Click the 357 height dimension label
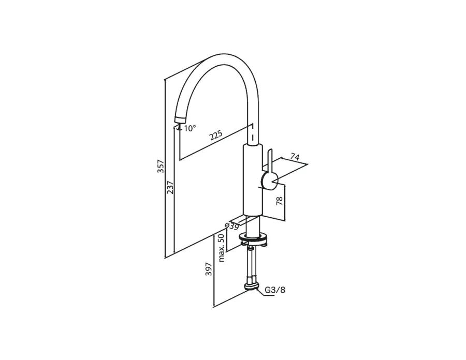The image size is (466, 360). pyautogui.click(x=161, y=166)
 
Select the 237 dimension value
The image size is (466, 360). pyautogui.click(x=170, y=187)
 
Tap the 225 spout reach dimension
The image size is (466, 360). pyautogui.click(x=216, y=136)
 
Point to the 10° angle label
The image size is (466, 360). pyautogui.click(x=190, y=128)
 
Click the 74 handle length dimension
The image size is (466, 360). pyautogui.click(x=295, y=157)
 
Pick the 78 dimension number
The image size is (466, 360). pyautogui.click(x=280, y=201)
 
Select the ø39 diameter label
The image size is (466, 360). pyautogui.click(x=232, y=226)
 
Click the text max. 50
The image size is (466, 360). pyautogui.click(x=221, y=248)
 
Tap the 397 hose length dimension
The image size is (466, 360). pyautogui.click(x=209, y=269)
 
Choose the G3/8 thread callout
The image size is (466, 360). pyautogui.click(x=275, y=290)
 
